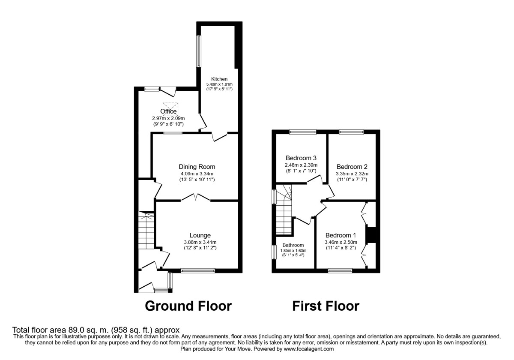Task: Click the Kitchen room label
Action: (x=219, y=79)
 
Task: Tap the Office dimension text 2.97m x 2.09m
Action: (x=168, y=118)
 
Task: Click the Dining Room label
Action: (x=197, y=167)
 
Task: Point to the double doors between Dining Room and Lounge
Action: (x=195, y=198)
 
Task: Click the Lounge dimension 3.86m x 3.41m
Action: (x=200, y=242)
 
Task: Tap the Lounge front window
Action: (x=197, y=270)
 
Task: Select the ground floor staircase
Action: (x=146, y=234)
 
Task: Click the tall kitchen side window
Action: (x=199, y=51)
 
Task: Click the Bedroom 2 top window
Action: (x=351, y=132)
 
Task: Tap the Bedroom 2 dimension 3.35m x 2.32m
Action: (x=352, y=174)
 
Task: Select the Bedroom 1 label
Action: (x=341, y=235)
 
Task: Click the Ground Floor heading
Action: (x=188, y=306)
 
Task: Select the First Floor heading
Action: (x=326, y=306)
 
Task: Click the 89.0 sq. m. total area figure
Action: (x=83, y=330)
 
